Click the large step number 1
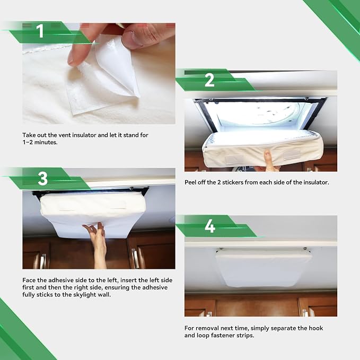(x=40, y=31)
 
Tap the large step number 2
(x=209, y=80)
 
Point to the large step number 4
(x=210, y=226)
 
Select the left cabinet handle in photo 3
(x=42, y=261)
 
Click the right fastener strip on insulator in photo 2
(x=292, y=155)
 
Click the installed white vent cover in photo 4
(x=263, y=267)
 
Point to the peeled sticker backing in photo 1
(x=115, y=67)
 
